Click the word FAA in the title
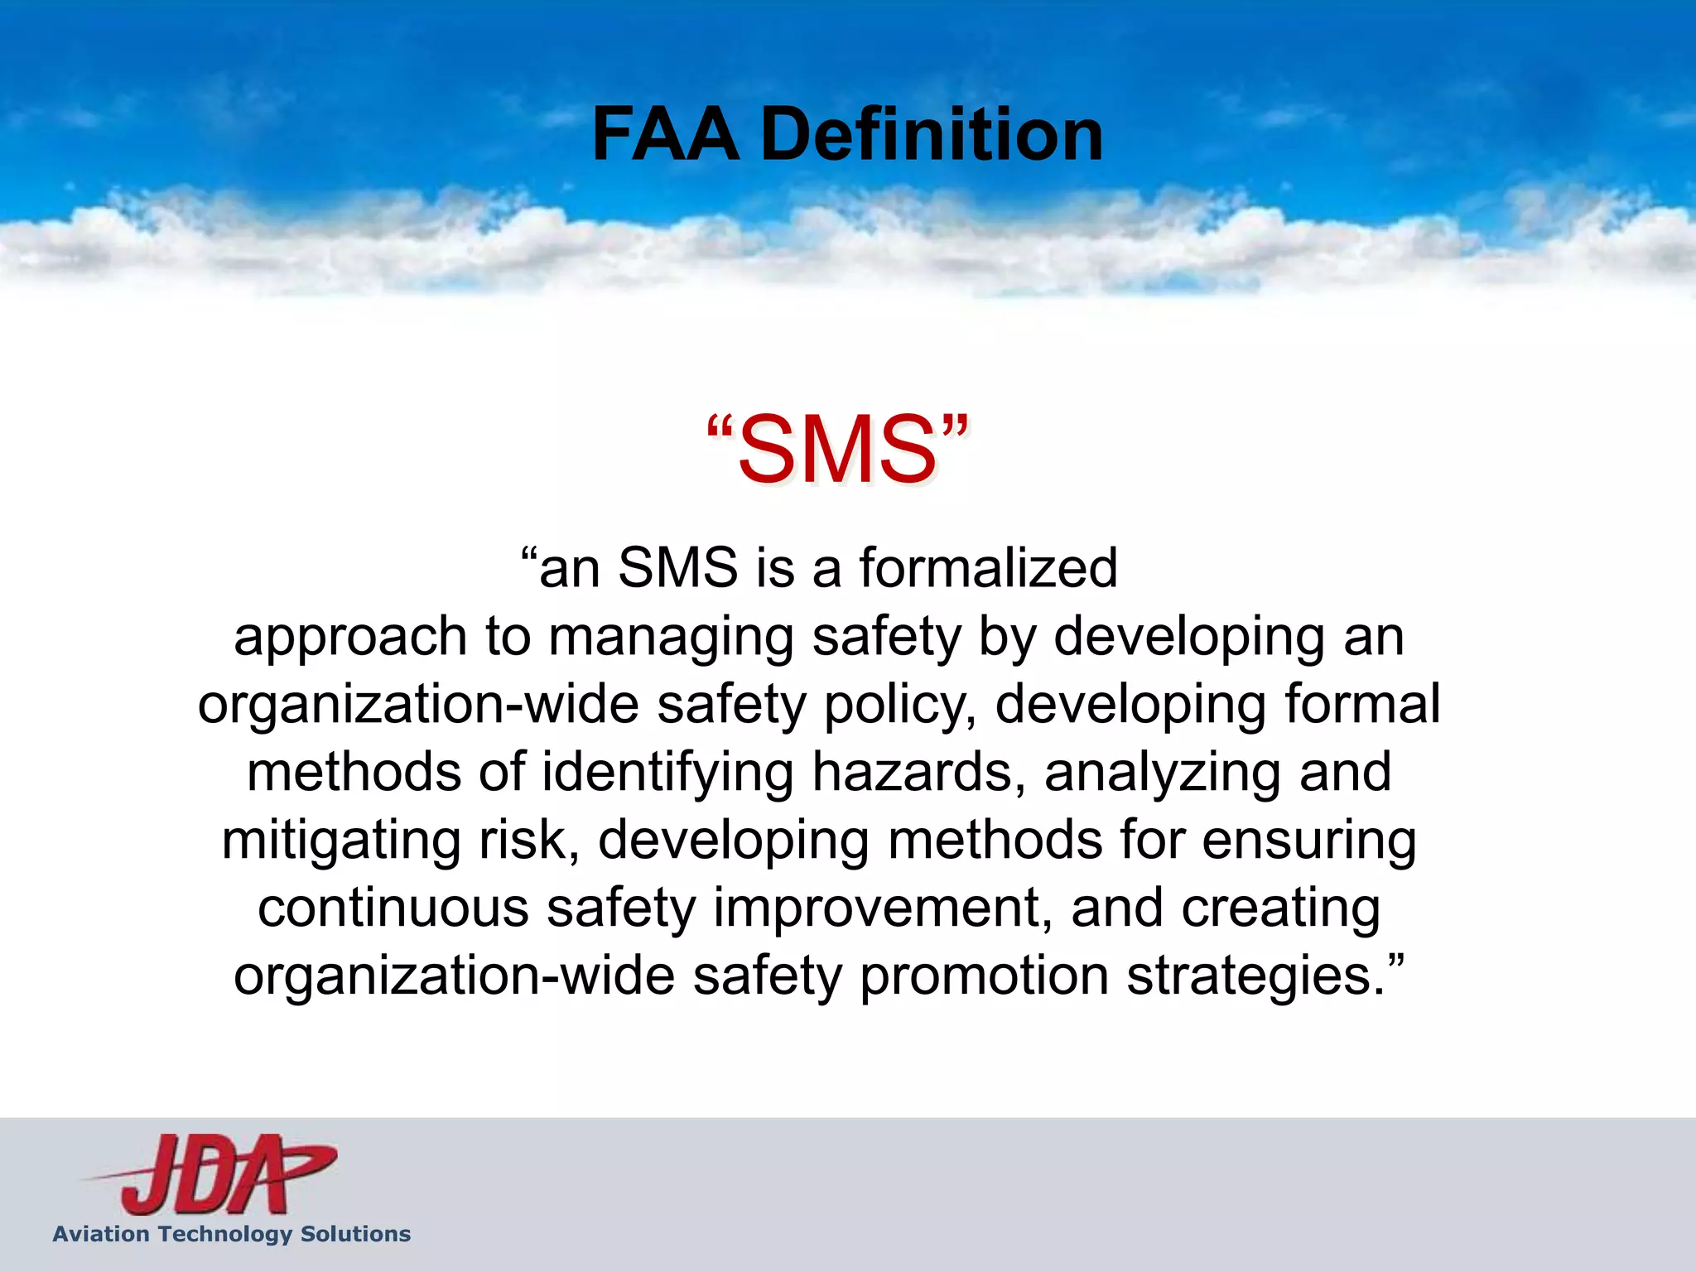[x=665, y=134]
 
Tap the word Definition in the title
[x=932, y=134]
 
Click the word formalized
[x=988, y=568]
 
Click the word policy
[x=899, y=706]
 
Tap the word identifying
[x=667, y=773]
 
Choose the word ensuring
[x=1308, y=841]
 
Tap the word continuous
[x=393, y=908]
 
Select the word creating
[x=1280, y=909]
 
